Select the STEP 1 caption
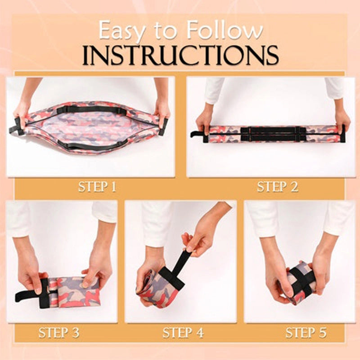pos(97,187)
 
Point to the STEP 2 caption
pos(278,187)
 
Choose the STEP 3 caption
pos(59,333)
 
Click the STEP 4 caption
pos(183,333)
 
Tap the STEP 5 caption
pos(306,333)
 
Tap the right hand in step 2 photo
pos(342,120)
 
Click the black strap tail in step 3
pos(27,296)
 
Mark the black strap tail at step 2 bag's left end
pos(197,134)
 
